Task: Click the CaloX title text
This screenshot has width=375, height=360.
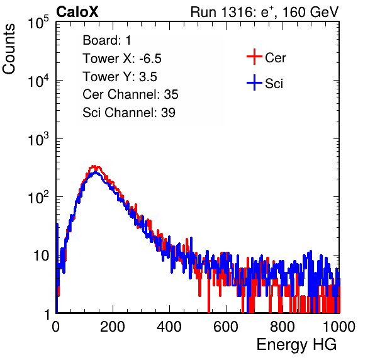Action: pyautogui.click(x=77, y=12)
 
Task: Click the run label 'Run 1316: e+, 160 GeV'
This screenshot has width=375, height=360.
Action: pyautogui.click(x=264, y=12)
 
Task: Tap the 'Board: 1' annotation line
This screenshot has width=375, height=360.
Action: pyautogui.click(x=107, y=40)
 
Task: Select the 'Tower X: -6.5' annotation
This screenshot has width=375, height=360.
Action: pyautogui.click(x=122, y=59)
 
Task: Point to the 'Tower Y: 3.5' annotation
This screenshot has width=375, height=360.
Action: pyautogui.click(x=120, y=77)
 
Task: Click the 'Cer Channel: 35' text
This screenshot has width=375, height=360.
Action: pyautogui.click(x=130, y=94)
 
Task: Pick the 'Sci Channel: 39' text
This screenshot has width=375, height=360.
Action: pyautogui.click(x=129, y=113)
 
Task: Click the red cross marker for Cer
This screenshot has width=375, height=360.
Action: pyautogui.click(x=254, y=57)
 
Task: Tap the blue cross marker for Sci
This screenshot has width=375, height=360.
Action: pyautogui.click(x=254, y=82)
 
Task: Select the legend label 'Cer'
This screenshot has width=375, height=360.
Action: pyautogui.click(x=275, y=58)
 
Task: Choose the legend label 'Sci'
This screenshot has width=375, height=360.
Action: pyautogui.click(x=274, y=84)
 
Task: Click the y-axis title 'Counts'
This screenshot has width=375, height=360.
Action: pyautogui.click(x=9, y=49)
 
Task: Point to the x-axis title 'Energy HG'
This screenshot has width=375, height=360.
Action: pyautogui.click(x=296, y=345)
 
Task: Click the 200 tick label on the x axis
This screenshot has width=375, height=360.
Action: pyautogui.click(x=113, y=327)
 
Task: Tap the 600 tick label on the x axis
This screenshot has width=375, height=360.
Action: pyautogui.click(x=226, y=327)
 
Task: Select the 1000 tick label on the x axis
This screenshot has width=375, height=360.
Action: pyautogui.click(x=339, y=327)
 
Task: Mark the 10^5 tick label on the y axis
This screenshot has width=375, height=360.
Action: pyautogui.click(x=38, y=23)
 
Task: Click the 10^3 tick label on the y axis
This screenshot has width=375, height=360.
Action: pyautogui.click(x=38, y=139)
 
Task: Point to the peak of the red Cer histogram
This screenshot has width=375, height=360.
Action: pyautogui.click(x=94, y=166)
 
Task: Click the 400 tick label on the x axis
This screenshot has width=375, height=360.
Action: pyautogui.click(x=169, y=327)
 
